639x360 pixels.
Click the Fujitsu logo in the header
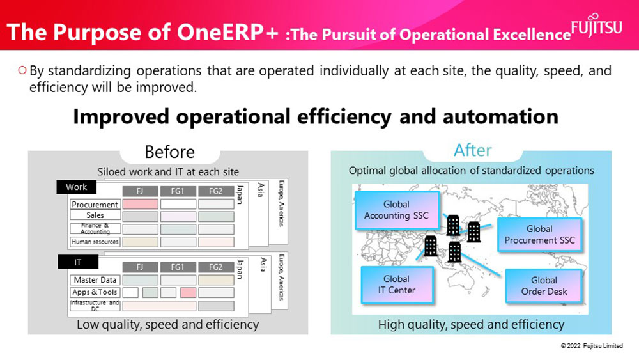click(597, 26)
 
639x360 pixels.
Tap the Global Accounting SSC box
click(397, 210)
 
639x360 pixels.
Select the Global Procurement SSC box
click(539, 235)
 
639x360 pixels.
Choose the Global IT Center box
click(397, 285)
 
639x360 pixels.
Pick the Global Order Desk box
click(544, 286)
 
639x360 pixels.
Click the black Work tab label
click(77, 187)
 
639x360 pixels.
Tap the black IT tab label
click(78, 262)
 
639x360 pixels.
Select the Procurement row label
click(95, 204)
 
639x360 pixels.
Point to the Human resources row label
click(95, 242)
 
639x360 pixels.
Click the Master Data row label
click(95, 279)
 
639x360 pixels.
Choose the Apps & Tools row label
click(95, 292)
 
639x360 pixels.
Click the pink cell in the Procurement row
click(140, 204)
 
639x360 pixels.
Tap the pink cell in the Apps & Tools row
click(189, 292)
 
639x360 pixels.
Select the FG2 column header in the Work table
click(216, 191)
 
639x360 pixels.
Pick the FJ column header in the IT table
click(140, 267)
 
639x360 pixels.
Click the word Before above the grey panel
click(169, 152)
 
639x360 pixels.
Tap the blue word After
click(473, 150)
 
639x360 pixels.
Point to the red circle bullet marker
click(22, 70)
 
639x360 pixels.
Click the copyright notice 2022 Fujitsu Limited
click(592, 346)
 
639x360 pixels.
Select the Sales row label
click(95, 215)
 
